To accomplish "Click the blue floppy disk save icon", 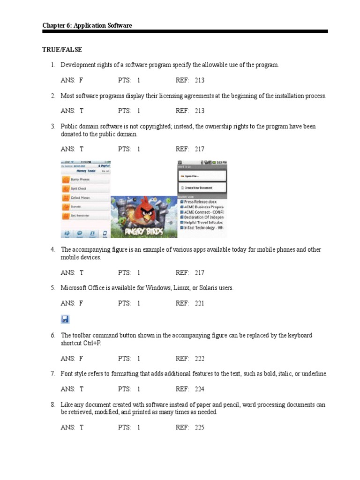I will tap(65, 319).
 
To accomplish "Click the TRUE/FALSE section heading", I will tap(62, 49).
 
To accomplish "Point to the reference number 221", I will tap(199, 303).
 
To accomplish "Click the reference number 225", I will tap(199, 427).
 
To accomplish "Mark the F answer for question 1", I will tap(81, 80).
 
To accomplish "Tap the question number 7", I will tap(53, 374).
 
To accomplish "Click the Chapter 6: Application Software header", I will tap(87, 25).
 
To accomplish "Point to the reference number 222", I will tap(199, 359).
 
